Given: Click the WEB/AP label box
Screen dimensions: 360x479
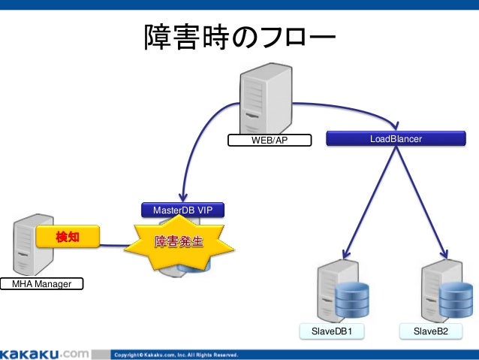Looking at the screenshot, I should [269, 141].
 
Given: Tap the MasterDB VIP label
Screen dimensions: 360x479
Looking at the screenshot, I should [182, 210].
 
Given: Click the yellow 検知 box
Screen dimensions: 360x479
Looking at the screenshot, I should [68, 237].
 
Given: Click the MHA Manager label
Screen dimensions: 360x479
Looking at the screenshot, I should [41, 284].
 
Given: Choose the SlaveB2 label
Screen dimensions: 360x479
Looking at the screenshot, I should [435, 331].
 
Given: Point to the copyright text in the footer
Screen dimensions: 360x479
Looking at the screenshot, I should [176, 354].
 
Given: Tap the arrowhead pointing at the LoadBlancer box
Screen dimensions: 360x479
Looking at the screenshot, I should [395, 126].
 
